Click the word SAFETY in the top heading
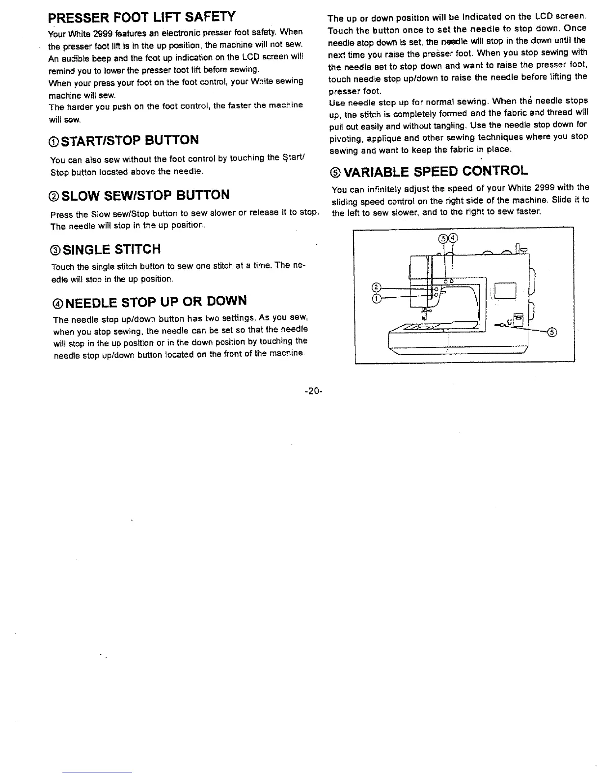(x=208, y=18)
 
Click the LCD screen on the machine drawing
(x=506, y=290)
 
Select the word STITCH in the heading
(x=137, y=250)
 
